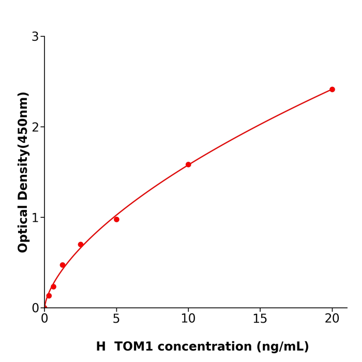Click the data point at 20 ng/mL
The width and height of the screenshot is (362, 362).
332,89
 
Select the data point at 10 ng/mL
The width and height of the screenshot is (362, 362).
188,164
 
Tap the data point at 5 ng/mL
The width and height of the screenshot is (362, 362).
116,219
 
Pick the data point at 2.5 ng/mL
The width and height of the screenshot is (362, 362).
81,245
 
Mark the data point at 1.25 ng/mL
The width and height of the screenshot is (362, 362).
63,265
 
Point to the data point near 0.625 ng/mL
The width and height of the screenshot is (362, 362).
53,286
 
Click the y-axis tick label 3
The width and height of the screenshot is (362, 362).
35,37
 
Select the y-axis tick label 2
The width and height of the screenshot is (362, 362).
35,127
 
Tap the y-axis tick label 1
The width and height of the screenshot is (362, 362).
35,218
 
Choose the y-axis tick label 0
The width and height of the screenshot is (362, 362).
35,308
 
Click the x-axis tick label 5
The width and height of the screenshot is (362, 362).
116,319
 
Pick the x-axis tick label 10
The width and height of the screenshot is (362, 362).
188,319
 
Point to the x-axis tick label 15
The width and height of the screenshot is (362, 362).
260,319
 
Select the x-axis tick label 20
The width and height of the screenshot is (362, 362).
332,319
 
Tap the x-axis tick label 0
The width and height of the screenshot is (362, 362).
44,319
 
